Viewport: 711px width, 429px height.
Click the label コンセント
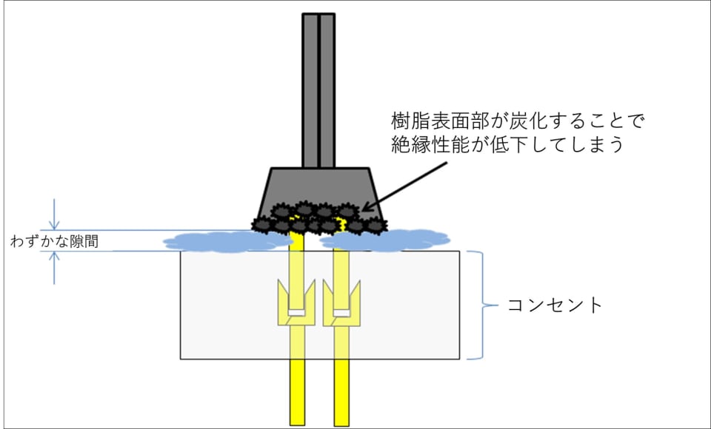pyautogui.click(x=555, y=305)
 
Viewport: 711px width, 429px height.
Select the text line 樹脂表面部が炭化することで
pyautogui.click(x=520, y=120)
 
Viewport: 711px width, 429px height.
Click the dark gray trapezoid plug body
pyautogui.click(x=318, y=185)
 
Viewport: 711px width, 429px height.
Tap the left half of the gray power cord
pyautogui.click(x=310, y=89)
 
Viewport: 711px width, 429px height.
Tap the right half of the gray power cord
pyautogui.click(x=327, y=89)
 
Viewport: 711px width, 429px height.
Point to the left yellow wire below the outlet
pyautogui.click(x=297, y=392)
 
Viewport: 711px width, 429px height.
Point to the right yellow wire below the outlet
pyautogui.click(x=341, y=392)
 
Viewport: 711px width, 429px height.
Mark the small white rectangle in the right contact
pyautogui.click(x=341, y=312)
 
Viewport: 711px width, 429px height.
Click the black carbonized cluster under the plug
pyautogui.click(x=318, y=218)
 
